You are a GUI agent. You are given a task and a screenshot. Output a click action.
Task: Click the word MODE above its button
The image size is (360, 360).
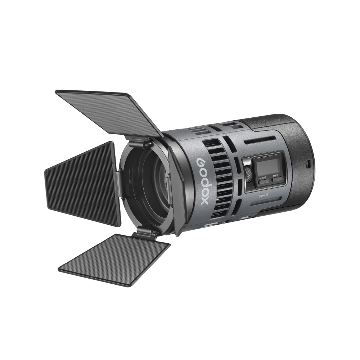pos(263,178)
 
